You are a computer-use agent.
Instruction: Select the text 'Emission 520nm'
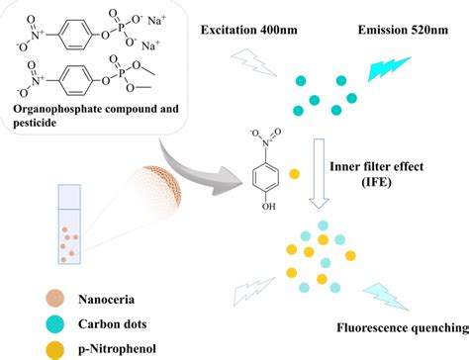[401, 30]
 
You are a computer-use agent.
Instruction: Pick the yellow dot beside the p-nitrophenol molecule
[294, 176]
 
